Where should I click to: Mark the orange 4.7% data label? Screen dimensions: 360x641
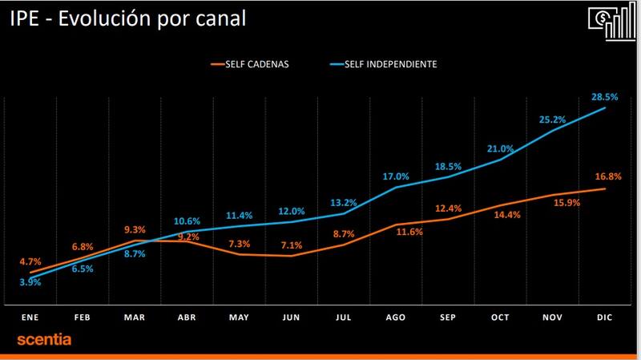click(30, 261)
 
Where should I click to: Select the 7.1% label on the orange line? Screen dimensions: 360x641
click(292, 245)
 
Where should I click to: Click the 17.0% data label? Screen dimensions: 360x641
click(396, 176)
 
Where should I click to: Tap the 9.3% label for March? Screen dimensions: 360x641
click(135, 229)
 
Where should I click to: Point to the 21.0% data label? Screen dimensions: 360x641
click(500, 148)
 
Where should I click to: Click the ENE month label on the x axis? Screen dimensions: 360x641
click(30, 318)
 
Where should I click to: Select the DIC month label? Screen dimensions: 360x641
click(604, 318)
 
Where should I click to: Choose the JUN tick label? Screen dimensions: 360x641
click(292, 318)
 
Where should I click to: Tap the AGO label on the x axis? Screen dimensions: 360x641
click(396, 318)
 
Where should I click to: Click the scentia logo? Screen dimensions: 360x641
click(45, 341)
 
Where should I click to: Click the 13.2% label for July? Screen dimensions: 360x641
click(343, 201)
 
